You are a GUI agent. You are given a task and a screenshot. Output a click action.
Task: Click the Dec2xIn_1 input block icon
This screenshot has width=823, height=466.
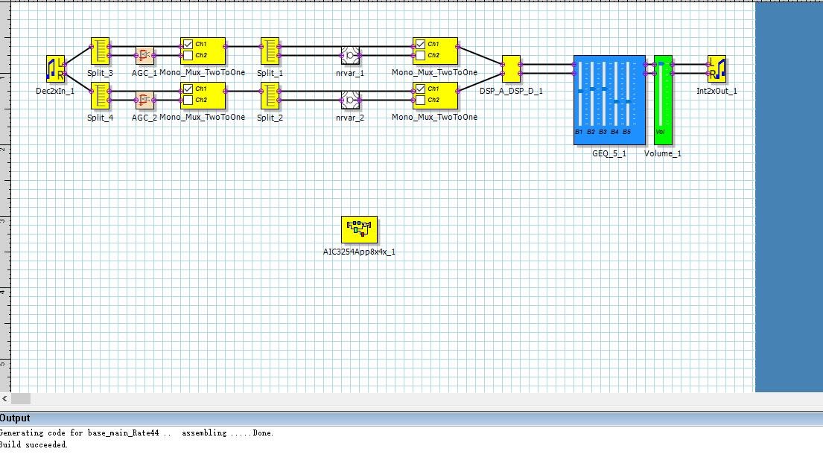(x=55, y=68)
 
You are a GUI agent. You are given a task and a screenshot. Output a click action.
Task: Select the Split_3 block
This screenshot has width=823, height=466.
(x=100, y=51)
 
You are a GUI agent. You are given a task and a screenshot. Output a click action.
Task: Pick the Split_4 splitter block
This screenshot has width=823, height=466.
(x=100, y=95)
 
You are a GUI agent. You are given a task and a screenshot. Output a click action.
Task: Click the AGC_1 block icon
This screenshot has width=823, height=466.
(x=144, y=55)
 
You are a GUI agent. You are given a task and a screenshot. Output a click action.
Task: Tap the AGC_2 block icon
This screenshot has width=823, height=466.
(x=144, y=100)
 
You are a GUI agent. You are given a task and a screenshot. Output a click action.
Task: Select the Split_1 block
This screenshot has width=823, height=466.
(x=270, y=51)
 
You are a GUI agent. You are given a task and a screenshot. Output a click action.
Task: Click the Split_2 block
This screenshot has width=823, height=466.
(x=270, y=95)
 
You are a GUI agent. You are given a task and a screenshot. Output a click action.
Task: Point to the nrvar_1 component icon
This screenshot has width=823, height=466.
(x=350, y=55)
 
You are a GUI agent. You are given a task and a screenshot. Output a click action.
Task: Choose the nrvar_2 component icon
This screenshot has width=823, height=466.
(x=350, y=100)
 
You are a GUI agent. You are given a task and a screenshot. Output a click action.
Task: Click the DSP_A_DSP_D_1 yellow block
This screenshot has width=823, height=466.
(x=511, y=68)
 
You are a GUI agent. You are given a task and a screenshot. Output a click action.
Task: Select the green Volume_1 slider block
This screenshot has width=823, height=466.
(x=663, y=100)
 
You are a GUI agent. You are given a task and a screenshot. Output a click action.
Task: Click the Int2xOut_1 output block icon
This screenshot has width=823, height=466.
(x=716, y=68)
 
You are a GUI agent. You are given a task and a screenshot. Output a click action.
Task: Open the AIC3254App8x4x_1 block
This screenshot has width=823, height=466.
(x=359, y=230)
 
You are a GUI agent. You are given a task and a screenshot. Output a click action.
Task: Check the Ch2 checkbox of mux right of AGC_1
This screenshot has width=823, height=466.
(x=188, y=55)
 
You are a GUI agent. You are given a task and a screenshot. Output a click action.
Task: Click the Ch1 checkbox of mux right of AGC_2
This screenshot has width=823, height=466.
(x=188, y=89)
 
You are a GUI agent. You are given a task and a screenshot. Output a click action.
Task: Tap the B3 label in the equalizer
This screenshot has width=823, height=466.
(x=603, y=132)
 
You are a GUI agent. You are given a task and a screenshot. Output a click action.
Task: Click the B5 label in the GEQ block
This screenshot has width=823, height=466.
(x=626, y=132)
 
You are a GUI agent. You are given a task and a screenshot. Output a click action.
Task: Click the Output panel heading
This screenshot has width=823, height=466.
(x=15, y=418)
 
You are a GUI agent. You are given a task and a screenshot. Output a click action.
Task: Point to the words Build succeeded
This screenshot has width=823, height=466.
(x=34, y=444)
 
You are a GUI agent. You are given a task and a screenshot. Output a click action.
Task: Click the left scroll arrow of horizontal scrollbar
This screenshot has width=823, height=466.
(x=4, y=399)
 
